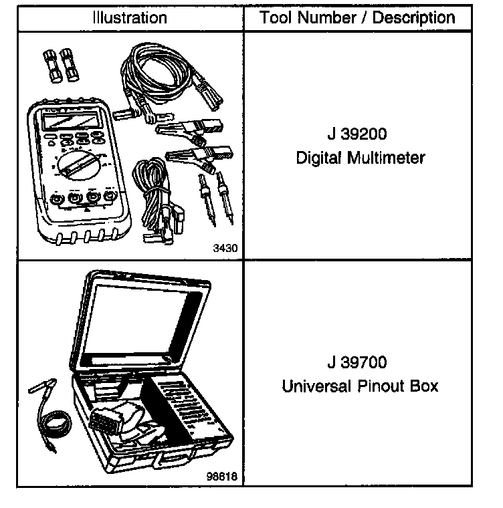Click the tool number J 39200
point(357,134)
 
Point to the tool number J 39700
point(357,363)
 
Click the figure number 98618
point(223,477)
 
